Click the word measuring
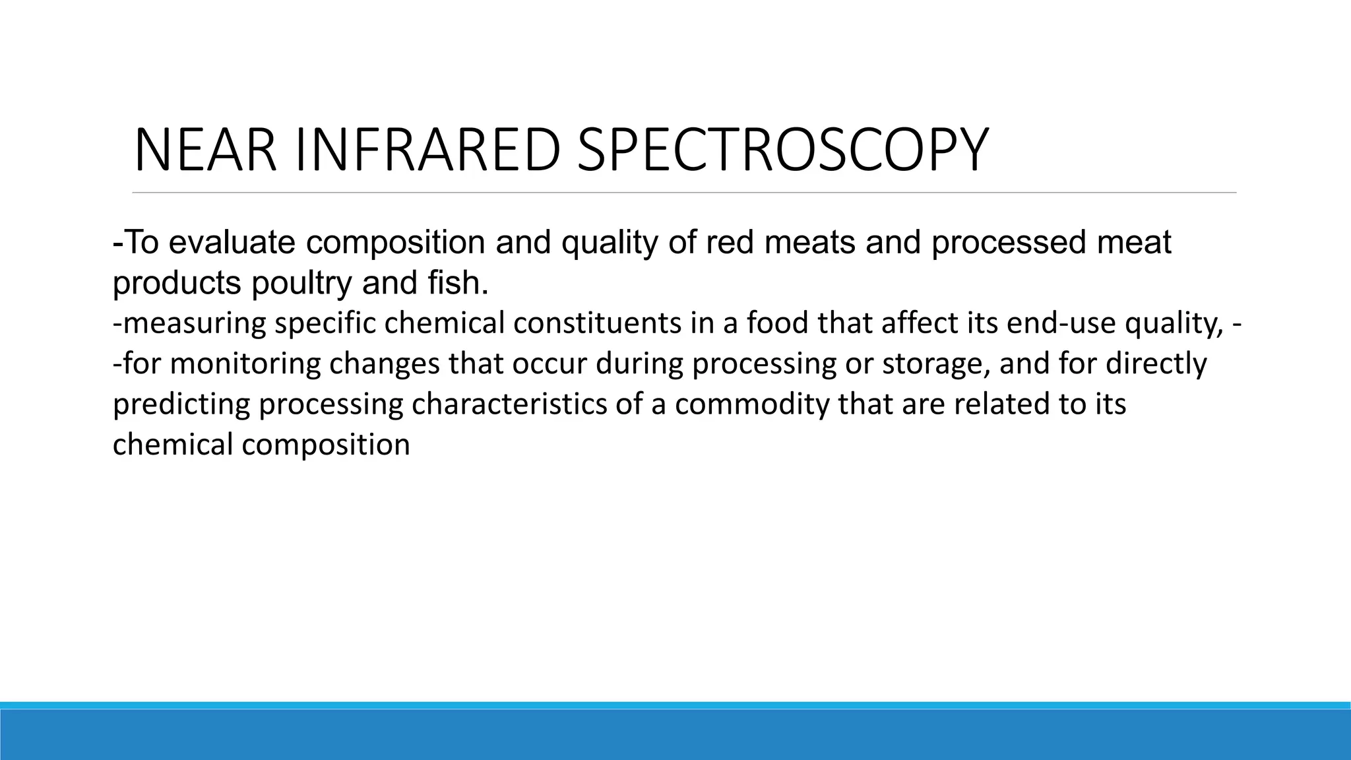click(194, 323)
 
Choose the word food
click(778, 323)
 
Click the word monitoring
click(245, 364)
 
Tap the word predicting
click(181, 404)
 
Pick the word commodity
click(751, 404)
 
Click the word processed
click(1009, 243)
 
